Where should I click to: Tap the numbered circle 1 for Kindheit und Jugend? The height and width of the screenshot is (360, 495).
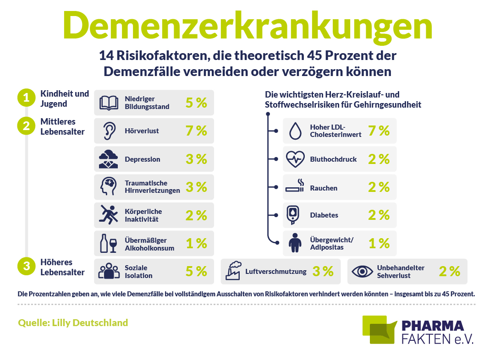point(26,98)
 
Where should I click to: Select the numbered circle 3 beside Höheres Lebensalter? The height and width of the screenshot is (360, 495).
point(26,266)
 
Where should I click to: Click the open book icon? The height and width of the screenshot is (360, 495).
point(109,103)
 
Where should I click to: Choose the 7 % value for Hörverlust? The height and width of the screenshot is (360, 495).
point(196,131)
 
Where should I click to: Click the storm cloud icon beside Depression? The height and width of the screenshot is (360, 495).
point(108,159)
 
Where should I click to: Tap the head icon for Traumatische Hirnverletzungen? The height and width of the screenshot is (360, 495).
point(108,186)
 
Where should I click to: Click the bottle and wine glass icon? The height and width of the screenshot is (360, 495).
point(109,243)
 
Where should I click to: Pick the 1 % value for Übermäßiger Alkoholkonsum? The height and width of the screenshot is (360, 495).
point(196,244)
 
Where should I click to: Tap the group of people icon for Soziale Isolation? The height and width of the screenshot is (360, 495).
point(109,271)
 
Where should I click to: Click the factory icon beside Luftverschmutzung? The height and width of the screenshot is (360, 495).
point(233,271)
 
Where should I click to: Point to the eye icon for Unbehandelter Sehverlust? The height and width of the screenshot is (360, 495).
point(363,271)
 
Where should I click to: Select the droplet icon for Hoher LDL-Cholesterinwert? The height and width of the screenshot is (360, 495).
point(296,131)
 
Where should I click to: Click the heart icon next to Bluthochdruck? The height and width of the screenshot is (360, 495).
point(295,159)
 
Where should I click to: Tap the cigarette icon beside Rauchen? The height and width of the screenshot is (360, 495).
point(295,186)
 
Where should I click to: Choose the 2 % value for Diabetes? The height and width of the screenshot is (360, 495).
point(379,215)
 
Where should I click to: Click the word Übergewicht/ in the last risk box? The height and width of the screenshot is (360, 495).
point(332,240)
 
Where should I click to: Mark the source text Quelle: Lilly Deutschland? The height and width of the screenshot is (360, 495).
point(73,323)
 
